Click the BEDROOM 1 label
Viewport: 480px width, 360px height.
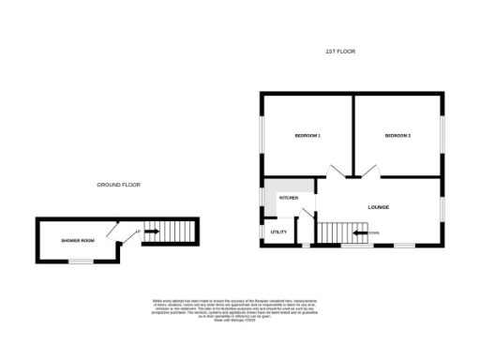[307, 137]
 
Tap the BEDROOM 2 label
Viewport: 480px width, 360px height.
[397, 137]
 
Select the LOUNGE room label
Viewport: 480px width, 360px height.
[378, 207]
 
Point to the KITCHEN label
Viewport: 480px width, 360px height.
[289, 199]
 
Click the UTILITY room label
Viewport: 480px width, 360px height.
[278, 232]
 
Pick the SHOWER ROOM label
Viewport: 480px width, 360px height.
[79, 241]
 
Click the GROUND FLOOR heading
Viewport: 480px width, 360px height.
[118, 185]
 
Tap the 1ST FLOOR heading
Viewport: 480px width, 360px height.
[342, 51]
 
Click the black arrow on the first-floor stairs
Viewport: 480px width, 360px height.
[362, 232]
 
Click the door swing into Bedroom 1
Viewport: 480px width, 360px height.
[336, 170]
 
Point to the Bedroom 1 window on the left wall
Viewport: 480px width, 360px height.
[262, 137]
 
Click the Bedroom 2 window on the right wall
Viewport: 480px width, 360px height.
[442, 137]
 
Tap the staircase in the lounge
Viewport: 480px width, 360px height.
[335, 232]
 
